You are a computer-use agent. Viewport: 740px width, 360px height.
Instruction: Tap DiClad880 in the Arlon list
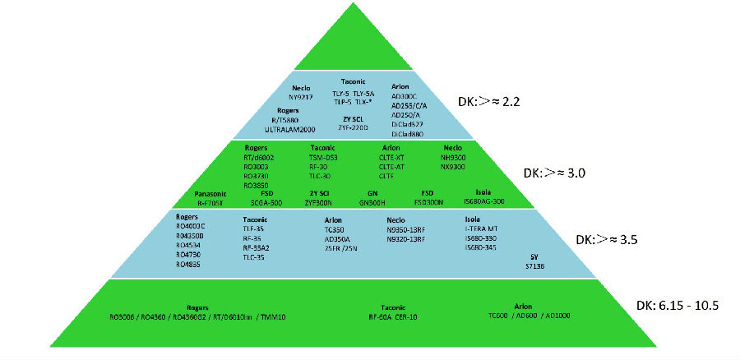pos(409,133)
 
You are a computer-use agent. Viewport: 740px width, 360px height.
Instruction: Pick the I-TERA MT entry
pos(483,229)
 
